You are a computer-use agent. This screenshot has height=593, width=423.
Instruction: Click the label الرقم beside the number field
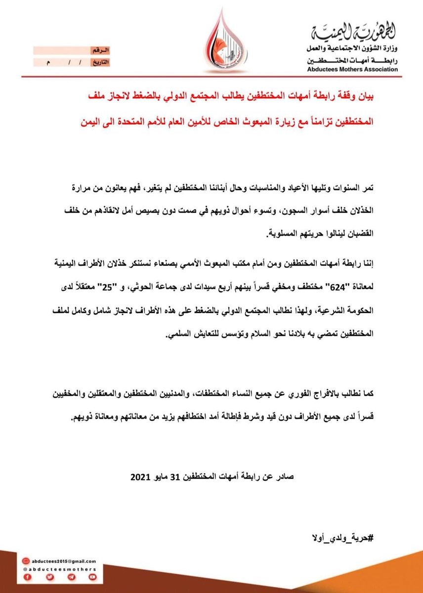point(99,51)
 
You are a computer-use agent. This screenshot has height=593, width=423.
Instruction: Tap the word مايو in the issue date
point(166,478)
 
